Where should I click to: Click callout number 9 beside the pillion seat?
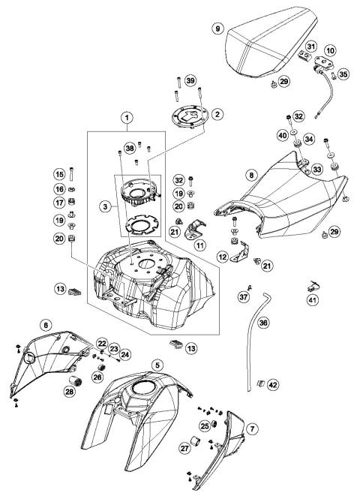(218, 28)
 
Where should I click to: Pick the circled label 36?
(263, 323)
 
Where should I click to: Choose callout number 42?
(273, 384)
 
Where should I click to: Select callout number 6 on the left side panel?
(46, 325)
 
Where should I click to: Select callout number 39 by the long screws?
(190, 81)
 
